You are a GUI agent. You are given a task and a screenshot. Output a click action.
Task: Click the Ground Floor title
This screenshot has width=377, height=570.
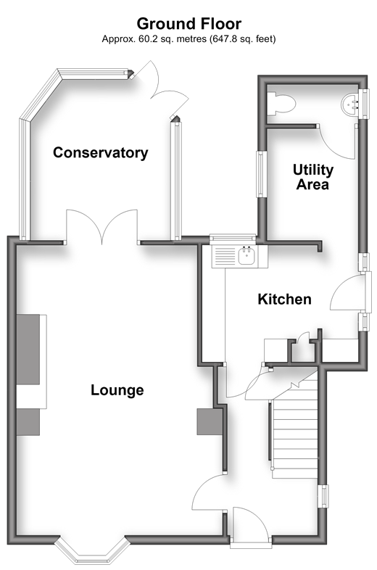point(188,24)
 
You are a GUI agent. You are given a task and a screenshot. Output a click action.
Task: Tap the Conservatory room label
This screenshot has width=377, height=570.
point(100,153)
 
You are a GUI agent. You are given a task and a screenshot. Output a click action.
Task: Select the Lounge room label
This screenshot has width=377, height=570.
point(117,390)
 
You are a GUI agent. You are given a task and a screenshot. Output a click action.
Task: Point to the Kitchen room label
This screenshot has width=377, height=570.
point(284,300)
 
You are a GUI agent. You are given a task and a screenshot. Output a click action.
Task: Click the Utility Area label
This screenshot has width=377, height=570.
point(313,177)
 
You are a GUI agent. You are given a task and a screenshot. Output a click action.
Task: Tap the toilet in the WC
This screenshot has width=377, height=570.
point(281,104)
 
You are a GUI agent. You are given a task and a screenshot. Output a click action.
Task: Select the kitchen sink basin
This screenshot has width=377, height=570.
point(247,255)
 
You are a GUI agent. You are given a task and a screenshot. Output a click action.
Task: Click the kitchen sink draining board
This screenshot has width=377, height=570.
point(225,256)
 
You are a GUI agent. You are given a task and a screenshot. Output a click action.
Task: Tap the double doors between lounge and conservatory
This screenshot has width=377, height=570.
point(101,226)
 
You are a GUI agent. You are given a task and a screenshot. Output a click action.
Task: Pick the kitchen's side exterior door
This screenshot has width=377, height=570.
point(351,293)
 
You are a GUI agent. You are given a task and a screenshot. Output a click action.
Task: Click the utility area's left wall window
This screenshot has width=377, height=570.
point(261,174)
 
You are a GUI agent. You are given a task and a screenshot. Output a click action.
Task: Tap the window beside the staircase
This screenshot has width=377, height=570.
point(323,496)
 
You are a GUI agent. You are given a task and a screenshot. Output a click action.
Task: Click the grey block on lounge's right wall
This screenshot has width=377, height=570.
point(210,421)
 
